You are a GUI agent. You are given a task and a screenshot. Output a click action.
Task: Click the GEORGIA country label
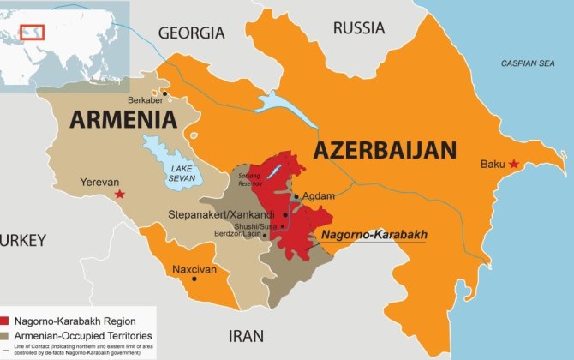[x=191, y=33]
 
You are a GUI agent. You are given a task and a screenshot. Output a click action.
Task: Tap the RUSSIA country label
[x=359, y=27]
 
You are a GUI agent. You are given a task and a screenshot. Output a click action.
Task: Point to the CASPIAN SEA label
[x=528, y=63]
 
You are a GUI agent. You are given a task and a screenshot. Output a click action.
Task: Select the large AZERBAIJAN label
[x=384, y=151]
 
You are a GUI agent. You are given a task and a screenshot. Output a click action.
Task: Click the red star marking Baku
[x=513, y=164]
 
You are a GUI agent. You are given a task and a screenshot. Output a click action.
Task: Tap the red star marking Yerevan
[x=119, y=195]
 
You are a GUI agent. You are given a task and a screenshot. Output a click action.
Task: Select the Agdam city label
[x=319, y=196]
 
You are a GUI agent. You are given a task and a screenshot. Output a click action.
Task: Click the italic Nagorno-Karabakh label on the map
[x=373, y=234]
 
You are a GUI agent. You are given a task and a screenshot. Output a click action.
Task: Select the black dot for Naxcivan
[x=194, y=278]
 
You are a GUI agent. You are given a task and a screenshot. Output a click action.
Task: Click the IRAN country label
[x=246, y=336]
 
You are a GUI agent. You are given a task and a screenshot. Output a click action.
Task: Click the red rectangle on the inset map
[x=32, y=33]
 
